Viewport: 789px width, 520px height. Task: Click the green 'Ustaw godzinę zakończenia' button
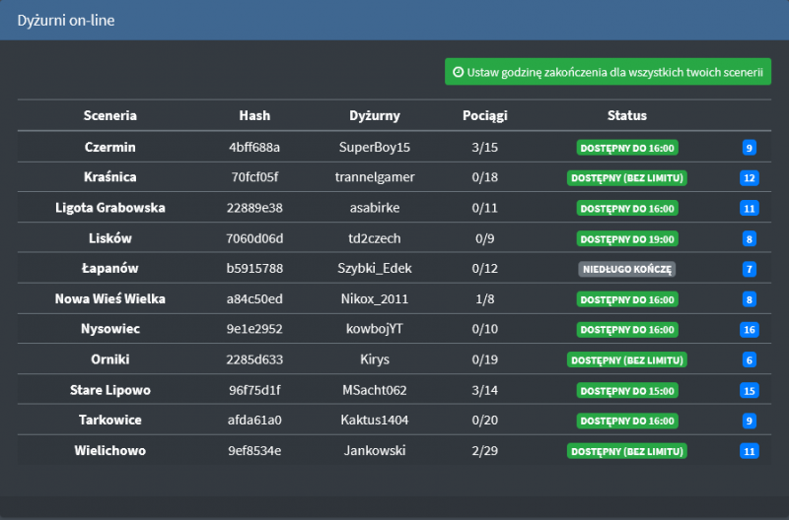pyautogui.click(x=608, y=72)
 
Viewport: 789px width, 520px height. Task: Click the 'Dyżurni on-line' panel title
pyautogui.click(x=66, y=20)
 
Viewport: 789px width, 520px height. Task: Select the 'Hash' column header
pyautogui.click(x=254, y=115)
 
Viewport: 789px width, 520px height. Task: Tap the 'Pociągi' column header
pyautogui.click(x=485, y=115)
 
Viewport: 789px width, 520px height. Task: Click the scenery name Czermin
pyautogui.click(x=110, y=147)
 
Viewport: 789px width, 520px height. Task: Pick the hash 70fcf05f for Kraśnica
pyautogui.click(x=254, y=177)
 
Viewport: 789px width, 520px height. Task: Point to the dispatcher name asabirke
pyautogui.click(x=375, y=208)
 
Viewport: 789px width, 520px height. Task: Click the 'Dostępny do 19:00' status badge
pyautogui.click(x=627, y=238)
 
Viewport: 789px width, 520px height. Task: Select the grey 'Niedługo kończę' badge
pyautogui.click(x=627, y=269)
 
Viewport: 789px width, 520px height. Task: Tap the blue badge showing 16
pyautogui.click(x=750, y=330)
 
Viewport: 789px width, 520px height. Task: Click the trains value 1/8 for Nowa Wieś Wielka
pyautogui.click(x=485, y=298)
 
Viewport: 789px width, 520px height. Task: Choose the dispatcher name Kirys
pyautogui.click(x=375, y=359)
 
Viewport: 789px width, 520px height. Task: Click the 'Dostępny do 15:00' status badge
pyautogui.click(x=627, y=390)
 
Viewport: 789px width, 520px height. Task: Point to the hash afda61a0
pyautogui.click(x=254, y=420)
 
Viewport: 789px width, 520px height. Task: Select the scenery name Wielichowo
pyautogui.click(x=110, y=450)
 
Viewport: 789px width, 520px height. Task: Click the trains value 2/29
pyautogui.click(x=485, y=450)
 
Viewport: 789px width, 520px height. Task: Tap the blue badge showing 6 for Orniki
pyautogui.click(x=750, y=360)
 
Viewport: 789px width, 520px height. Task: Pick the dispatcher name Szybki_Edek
pyautogui.click(x=375, y=268)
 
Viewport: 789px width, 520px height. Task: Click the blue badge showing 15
pyautogui.click(x=750, y=391)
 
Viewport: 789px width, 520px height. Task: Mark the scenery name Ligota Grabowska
pyautogui.click(x=110, y=208)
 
